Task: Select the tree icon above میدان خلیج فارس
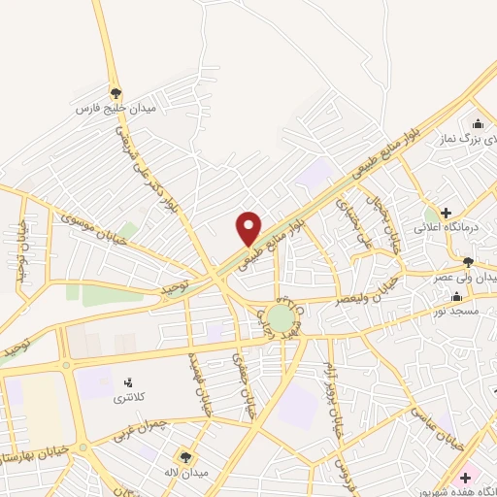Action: (116, 93)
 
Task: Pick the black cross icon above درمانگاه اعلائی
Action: (446, 213)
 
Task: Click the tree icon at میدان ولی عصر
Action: (469, 262)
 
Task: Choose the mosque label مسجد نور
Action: (456, 311)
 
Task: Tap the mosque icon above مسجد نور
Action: (456, 295)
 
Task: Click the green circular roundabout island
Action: (281, 319)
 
